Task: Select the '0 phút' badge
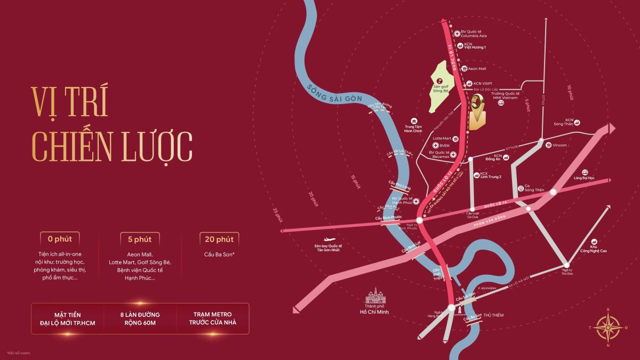(x=60, y=238)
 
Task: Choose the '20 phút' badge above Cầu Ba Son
(x=219, y=238)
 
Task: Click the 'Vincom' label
(x=559, y=145)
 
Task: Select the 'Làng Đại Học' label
(x=584, y=177)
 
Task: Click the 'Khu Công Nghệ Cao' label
(x=596, y=248)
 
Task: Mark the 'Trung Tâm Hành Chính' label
(x=413, y=128)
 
